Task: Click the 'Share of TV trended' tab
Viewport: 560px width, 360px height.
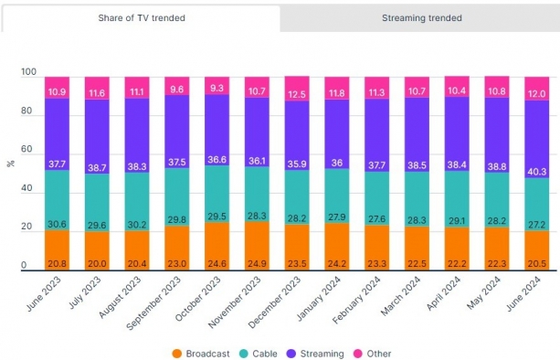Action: (x=142, y=18)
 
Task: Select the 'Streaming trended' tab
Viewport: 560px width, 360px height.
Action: (x=421, y=18)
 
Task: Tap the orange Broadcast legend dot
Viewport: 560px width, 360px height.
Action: (x=177, y=354)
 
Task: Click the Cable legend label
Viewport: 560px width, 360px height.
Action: (x=265, y=354)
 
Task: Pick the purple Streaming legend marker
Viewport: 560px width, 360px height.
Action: (x=291, y=354)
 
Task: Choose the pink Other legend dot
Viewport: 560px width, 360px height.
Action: (x=358, y=354)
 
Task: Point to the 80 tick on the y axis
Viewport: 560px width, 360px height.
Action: (x=26, y=111)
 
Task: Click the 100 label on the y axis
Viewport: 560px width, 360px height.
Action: (x=28, y=72)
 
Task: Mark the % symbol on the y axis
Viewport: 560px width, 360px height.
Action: (x=11, y=164)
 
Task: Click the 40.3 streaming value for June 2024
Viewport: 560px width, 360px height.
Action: (x=537, y=172)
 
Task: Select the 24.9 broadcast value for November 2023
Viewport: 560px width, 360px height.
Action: (x=257, y=264)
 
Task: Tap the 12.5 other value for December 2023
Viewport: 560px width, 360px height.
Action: (x=297, y=94)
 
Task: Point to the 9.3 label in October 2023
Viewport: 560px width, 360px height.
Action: (x=217, y=88)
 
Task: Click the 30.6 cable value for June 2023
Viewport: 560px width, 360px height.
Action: (x=57, y=224)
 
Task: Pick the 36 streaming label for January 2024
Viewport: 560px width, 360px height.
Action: (x=337, y=163)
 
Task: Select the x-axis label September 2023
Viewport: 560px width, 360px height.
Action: (x=153, y=303)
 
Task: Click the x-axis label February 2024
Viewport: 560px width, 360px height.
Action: (x=356, y=301)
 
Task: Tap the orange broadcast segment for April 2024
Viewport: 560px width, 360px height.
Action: (x=457, y=249)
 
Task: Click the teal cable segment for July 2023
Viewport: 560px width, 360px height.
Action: (x=97, y=203)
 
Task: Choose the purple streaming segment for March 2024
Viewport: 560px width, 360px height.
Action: (x=417, y=135)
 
